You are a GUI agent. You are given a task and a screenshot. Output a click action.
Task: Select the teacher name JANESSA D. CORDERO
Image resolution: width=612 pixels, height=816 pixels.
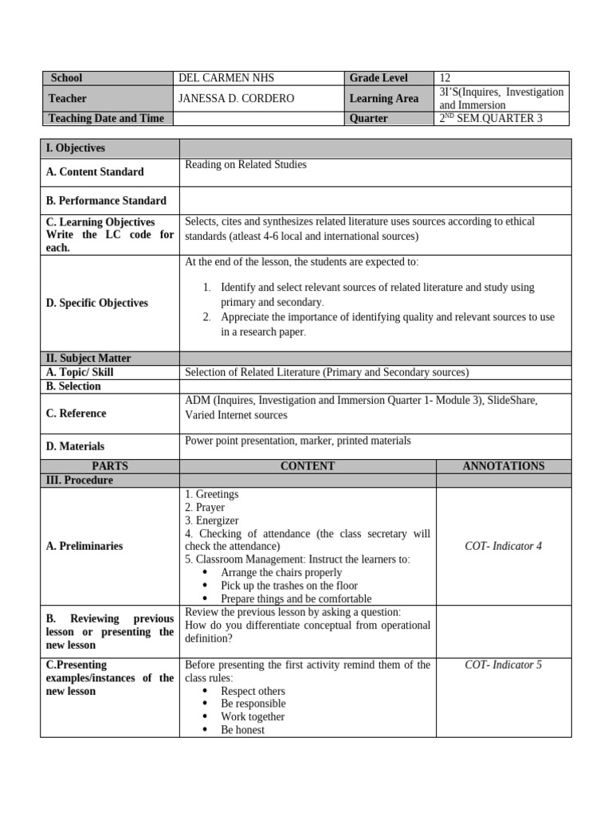(237, 98)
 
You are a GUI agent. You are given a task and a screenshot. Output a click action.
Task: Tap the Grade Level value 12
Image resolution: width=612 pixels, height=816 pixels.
(445, 78)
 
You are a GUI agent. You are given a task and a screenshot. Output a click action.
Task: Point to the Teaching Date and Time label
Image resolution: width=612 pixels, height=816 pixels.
(106, 119)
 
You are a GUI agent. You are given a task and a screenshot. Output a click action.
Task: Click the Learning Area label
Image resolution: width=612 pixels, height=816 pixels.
(383, 98)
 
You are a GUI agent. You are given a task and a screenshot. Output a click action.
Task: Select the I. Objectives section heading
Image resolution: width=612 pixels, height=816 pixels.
(76, 148)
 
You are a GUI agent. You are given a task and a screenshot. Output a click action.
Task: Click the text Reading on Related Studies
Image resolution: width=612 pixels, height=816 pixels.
(245, 165)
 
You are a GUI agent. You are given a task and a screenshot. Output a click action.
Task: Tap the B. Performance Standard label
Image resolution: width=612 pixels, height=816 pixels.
(106, 201)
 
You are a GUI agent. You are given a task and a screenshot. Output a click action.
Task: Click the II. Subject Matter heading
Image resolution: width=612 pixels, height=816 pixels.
(88, 359)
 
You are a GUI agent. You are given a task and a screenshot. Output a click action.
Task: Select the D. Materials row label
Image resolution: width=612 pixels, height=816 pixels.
(76, 446)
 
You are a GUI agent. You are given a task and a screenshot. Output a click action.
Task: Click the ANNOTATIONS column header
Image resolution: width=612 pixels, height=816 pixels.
(503, 466)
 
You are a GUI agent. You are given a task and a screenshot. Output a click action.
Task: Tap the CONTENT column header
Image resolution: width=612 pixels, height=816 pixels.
(308, 466)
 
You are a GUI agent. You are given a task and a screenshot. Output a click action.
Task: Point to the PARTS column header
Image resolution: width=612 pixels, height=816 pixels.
(110, 466)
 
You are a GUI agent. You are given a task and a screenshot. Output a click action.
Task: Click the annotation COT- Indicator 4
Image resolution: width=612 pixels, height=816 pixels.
(503, 547)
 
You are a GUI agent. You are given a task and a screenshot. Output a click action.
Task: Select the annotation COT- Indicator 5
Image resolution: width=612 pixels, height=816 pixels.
(503, 665)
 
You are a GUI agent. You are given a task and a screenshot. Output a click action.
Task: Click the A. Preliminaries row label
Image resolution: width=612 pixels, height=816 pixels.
(84, 547)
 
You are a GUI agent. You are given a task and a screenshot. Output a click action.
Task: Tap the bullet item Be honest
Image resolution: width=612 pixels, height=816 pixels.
(242, 730)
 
